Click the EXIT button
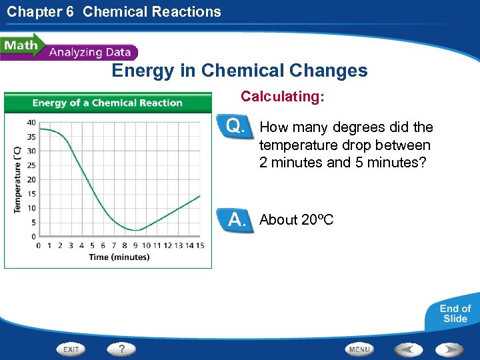click(72, 349)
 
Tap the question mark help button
click(121, 349)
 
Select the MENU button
click(359, 349)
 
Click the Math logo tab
click(21, 46)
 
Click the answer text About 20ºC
click(297, 220)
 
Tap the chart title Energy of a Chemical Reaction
click(107, 103)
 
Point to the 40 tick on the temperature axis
click(31, 122)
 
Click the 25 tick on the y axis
click(31, 165)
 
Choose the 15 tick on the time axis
click(200, 245)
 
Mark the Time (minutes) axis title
click(119, 257)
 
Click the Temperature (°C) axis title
click(17, 179)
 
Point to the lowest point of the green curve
click(136, 230)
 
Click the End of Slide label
click(455, 313)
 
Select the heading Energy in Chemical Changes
click(239, 71)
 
